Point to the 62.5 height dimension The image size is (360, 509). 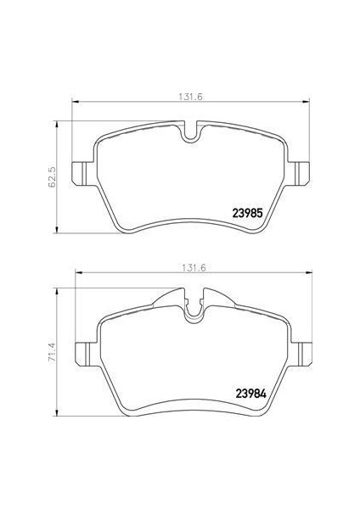tap(52, 176)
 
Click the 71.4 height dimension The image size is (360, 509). tap(52, 347)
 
